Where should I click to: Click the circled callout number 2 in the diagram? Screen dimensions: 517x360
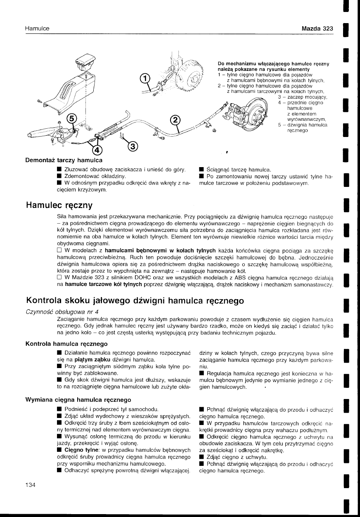pos(175,120)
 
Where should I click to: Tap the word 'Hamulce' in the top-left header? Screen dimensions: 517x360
pos(37,28)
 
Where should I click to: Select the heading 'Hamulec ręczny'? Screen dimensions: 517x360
pos(59,205)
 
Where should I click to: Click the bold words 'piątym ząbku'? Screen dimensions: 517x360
pos(89,360)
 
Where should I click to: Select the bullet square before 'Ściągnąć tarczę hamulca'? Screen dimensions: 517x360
pos(201,169)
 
